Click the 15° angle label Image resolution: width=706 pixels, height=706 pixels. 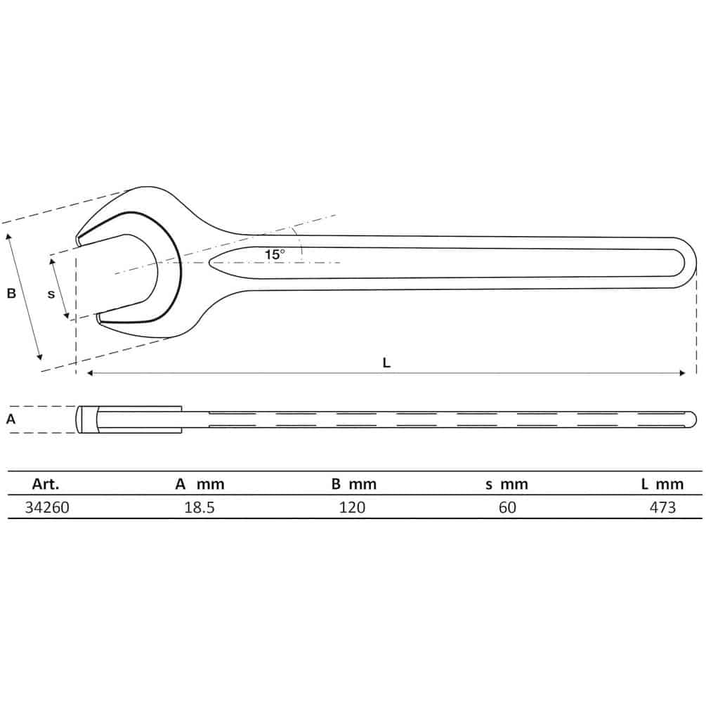click(275, 254)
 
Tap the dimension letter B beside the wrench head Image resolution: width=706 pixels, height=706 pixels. click(11, 294)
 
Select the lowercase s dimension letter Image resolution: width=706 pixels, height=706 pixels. click(51, 294)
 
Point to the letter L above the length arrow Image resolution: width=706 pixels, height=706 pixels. click(386, 362)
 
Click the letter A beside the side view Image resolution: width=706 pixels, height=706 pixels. click(11, 419)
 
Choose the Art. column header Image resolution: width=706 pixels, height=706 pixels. click(46, 484)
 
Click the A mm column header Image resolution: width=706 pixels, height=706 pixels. click(200, 484)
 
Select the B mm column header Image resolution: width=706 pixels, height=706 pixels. click(354, 484)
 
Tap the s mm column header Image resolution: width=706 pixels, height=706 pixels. click(507, 485)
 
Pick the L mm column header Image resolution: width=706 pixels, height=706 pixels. click(662, 484)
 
